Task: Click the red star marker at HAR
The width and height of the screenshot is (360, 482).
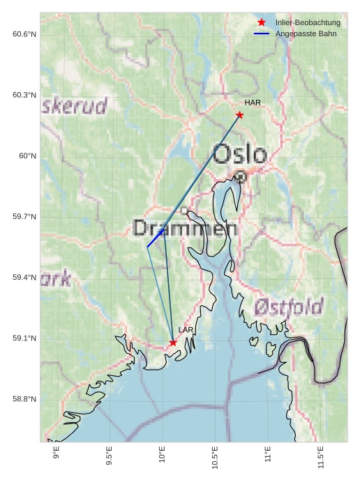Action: point(239,115)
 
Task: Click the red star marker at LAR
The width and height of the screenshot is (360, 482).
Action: point(173,342)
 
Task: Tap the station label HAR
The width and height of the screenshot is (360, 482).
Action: point(253,103)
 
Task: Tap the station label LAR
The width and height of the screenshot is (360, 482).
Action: point(186,330)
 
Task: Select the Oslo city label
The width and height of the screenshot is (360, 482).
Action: point(239,154)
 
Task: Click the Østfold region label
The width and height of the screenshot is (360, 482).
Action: point(288,307)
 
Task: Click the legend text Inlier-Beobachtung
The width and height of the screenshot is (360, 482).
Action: point(308,23)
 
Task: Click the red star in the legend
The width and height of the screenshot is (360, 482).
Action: point(262,22)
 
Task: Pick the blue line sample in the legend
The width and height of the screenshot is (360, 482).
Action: point(262,33)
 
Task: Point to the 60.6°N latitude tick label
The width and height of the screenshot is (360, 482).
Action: point(24,34)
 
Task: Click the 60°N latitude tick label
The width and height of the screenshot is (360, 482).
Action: point(27,156)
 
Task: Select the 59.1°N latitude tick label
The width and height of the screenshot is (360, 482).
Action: point(24,338)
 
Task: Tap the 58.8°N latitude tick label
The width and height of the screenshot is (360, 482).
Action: point(24,399)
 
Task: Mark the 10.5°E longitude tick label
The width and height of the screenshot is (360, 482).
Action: point(214,455)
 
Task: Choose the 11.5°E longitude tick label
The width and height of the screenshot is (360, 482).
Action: point(320,455)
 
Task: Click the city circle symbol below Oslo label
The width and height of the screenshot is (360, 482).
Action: point(240,176)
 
